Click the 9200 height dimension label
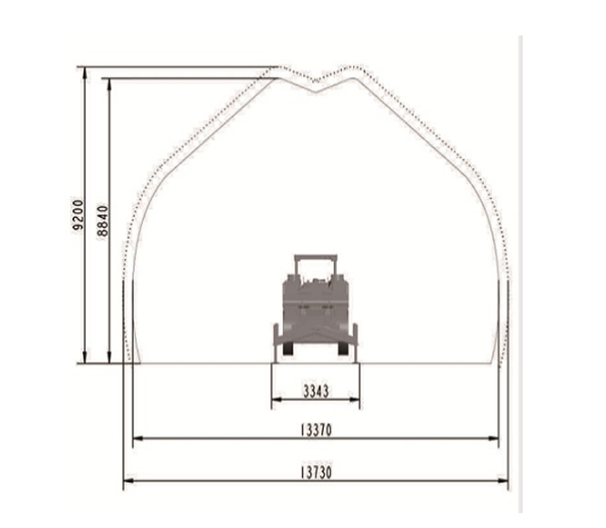coord(78,215)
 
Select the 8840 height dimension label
coord(103,221)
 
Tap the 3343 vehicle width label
coord(316,391)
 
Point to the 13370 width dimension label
coord(316,430)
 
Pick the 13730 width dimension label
coord(316,473)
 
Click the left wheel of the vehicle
coord(288,349)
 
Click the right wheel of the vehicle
coord(343,349)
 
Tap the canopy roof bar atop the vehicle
coord(316,257)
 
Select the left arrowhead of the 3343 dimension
coord(277,399)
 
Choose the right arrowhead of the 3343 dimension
coord(355,399)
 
